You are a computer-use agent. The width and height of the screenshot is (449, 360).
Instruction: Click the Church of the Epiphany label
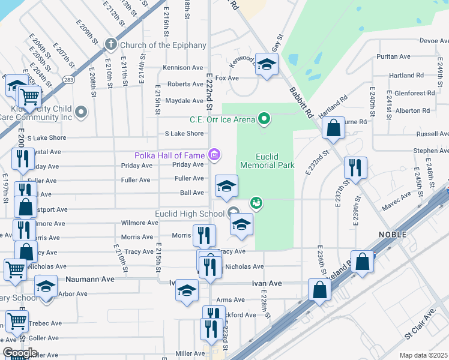pyautogui.click(x=163, y=45)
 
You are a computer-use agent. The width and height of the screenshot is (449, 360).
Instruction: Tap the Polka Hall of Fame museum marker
pyautogui.click(x=214, y=155)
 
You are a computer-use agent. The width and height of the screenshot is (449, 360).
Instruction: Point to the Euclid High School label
pyautogui.click(x=190, y=214)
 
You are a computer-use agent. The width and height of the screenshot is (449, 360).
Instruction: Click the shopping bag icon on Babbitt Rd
pyautogui.click(x=333, y=128)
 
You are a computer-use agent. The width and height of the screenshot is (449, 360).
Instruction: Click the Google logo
pyautogui.click(x=20, y=353)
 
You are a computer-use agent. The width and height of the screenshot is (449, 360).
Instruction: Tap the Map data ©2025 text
pyautogui.click(x=424, y=355)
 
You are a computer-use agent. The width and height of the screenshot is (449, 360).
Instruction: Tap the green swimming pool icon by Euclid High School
pyautogui.click(x=257, y=203)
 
